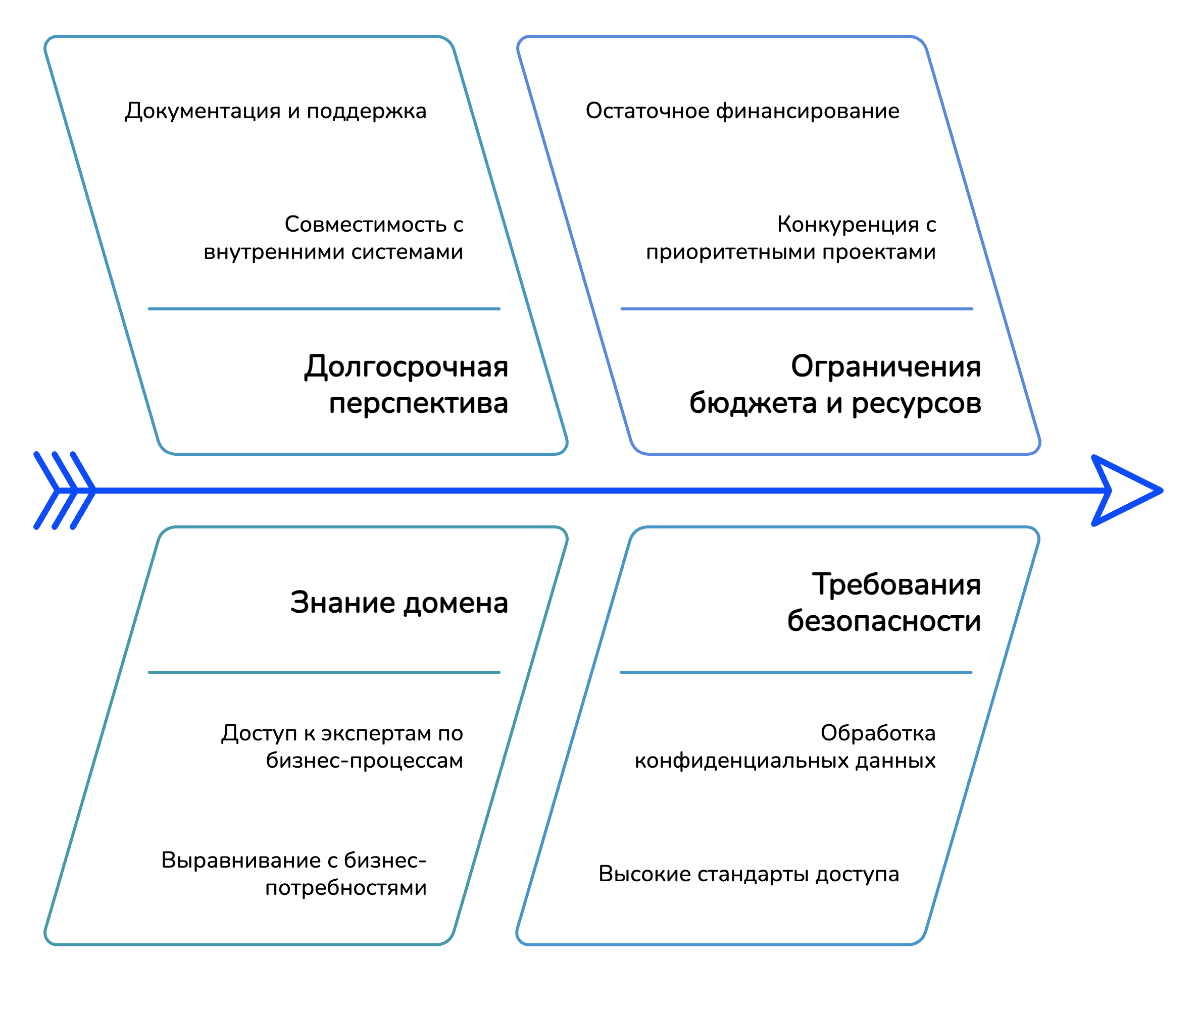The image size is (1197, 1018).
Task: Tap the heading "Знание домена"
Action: pyautogui.click(x=398, y=603)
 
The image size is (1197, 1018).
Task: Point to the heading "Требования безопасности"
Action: pyautogui.click(x=883, y=603)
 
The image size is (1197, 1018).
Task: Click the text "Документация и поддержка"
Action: pyautogui.click(x=275, y=111)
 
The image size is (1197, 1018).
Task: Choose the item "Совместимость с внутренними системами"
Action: pyautogui.click(x=333, y=238)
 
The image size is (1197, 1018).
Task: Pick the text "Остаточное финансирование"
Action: pyautogui.click(x=742, y=111)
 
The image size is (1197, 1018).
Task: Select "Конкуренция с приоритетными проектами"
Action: pyautogui.click(x=790, y=238)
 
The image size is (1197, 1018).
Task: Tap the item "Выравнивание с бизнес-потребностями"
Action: pyautogui.click(x=293, y=873)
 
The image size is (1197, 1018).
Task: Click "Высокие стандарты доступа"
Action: pyautogui.click(x=749, y=874)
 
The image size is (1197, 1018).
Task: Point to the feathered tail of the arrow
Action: pyautogui.click(x=64, y=491)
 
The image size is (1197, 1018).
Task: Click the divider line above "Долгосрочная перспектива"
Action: pyautogui.click(x=324, y=309)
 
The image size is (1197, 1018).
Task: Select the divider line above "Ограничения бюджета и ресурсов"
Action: pyautogui.click(x=796, y=309)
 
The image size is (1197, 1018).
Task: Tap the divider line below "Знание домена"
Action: pyautogui.click(x=324, y=672)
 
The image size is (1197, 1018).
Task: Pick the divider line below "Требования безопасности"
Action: pyautogui.click(x=795, y=672)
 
